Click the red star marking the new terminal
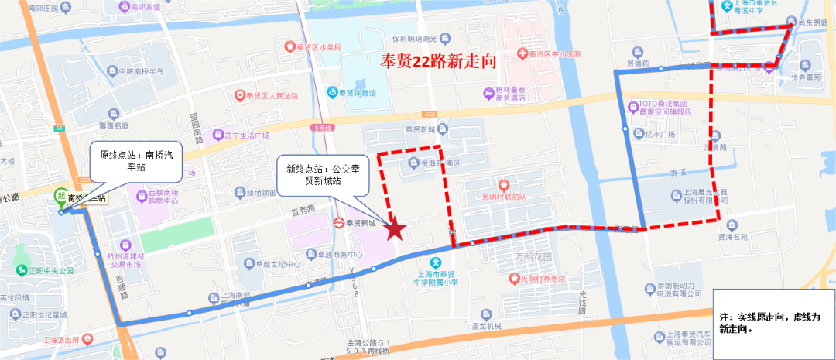(396, 229)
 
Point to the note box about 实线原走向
(774, 322)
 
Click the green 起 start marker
(60, 195)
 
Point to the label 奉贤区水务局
(319, 47)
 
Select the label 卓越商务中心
(334, 254)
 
